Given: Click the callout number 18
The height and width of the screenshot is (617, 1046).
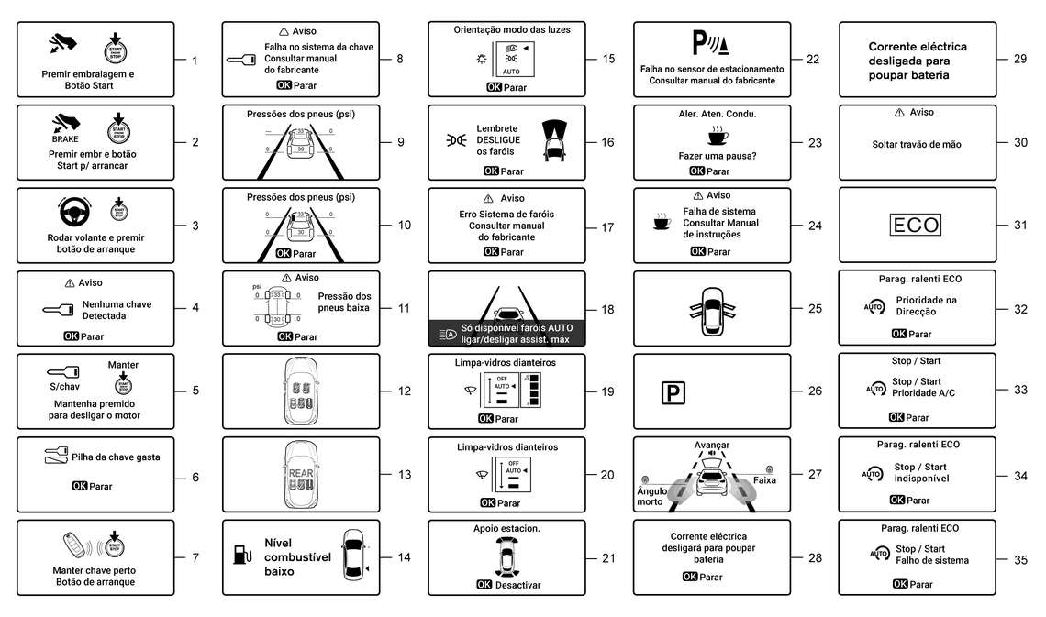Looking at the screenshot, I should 607,310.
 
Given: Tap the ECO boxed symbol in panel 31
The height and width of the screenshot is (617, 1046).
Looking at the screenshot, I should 916,225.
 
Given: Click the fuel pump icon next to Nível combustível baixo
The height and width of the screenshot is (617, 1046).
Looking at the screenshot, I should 241,554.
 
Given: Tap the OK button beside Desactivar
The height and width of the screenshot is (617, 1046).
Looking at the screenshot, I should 484,584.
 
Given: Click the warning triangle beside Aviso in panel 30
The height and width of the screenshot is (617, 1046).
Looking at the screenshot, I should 898,113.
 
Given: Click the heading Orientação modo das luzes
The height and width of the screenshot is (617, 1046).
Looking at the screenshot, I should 512,29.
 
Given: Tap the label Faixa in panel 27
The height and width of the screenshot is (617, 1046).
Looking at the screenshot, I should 763,479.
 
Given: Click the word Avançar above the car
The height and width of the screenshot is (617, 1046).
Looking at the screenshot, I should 711,445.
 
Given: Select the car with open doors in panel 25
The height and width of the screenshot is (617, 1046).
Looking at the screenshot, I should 711,308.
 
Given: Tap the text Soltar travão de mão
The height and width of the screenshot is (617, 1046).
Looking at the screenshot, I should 916,145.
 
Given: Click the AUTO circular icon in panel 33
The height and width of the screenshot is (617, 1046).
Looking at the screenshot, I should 875,389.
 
